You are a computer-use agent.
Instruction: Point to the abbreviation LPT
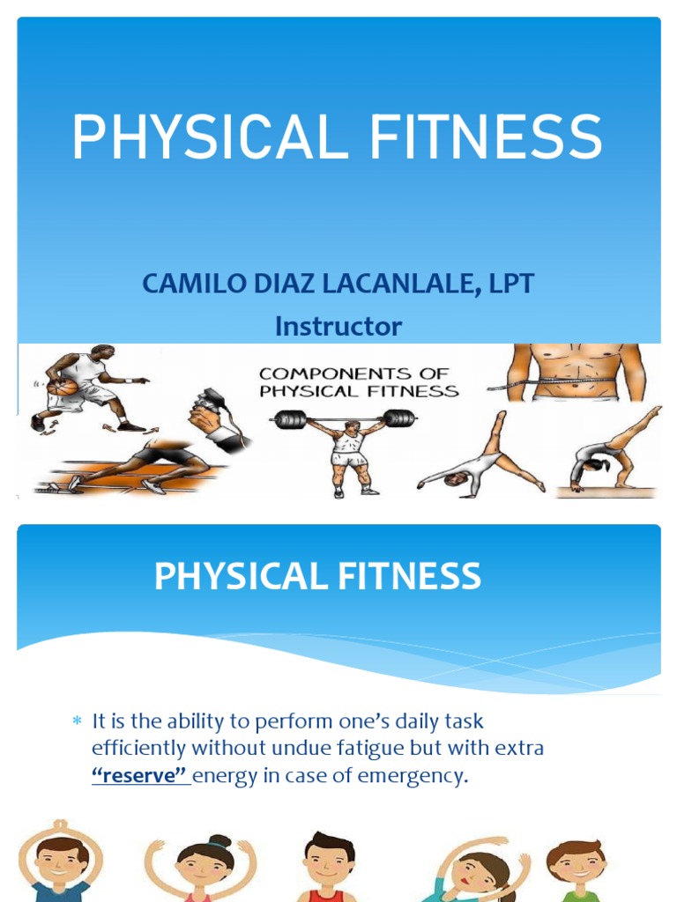tap(511, 285)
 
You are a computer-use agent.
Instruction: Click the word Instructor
tap(338, 327)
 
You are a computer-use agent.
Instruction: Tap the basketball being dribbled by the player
tap(62, 387)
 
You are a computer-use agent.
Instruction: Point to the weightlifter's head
tap(352, 427)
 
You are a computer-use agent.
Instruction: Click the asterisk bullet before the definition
tap(76, 721)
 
